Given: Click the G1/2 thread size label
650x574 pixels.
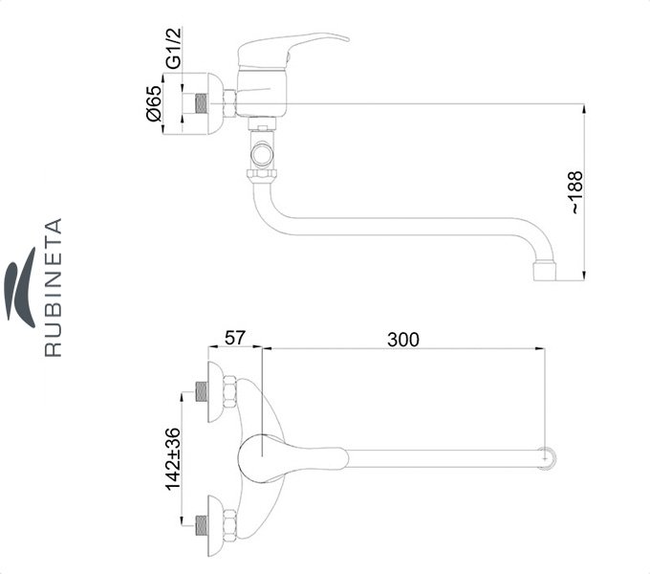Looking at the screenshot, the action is pyautogui.click(x=174, y=48).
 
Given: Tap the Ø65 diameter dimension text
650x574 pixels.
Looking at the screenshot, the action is pyautogui.click(x=154, y=103).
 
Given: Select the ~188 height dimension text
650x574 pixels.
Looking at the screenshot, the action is pyautogui.click(x=576, y=192).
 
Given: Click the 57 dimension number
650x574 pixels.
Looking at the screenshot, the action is pyautogui.click(x=235, y=338).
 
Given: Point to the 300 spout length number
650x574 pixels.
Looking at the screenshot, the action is pyautogui.click(x=403, y=340).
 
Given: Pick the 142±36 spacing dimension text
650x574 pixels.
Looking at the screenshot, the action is pyautogui.click(x=173, y=458).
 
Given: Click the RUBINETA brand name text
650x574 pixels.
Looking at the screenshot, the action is pyautogui.click(x=54, y=287).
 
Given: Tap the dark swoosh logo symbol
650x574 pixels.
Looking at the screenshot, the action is pyautogui.click(x=20, y=287).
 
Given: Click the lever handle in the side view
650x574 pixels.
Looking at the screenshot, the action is pyautogui.click(x=292, y=50).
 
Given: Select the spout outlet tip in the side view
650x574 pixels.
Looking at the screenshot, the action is pyautogui.click(x=544, y=271).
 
